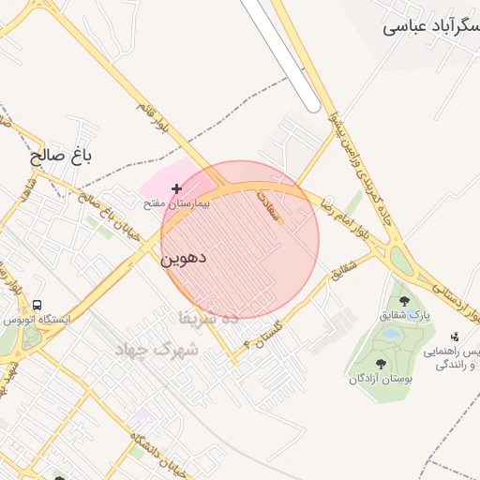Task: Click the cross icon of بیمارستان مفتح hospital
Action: (x=176, y=189)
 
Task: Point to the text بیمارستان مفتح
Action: (x=176, y=203)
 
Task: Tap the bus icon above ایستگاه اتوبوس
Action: (x=37, y=306)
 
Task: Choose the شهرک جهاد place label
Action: (x=154, y=350)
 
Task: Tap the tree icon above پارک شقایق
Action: (x=404, y=302)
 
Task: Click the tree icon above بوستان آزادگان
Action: (x=381, y=364)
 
